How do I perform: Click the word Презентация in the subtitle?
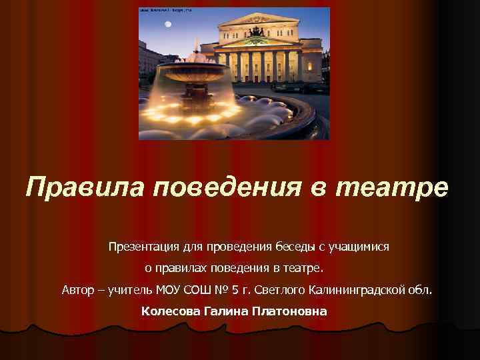[x=143, y=247]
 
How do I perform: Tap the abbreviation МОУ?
[x=167, y=290]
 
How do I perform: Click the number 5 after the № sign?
[x=235, y=290]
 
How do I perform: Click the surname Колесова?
[x=170, y=311]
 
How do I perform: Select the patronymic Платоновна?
[x=290, y=311]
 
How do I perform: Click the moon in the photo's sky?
[x=168, y=25]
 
